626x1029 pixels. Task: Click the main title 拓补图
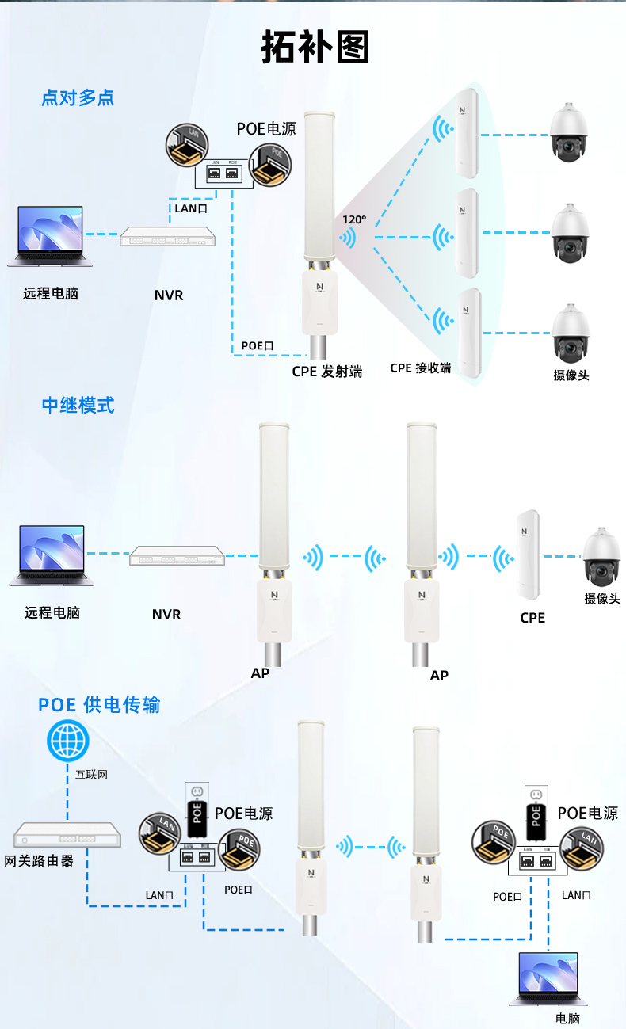(x=315, y=48)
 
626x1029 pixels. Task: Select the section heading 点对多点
(x=78, y=97)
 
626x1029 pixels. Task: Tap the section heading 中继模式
(x=78, y=405)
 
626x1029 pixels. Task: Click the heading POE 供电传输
(x=99, y=704)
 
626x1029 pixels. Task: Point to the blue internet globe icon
(x=67, y=741)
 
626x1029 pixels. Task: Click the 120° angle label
(x=354, y=219)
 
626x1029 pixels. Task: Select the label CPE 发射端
(x=327, y=371)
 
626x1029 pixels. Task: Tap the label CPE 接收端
(x=420, y=368)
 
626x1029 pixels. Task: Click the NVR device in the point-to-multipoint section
(x=167, y=237)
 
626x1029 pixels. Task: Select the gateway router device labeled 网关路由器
(x=67, y=835)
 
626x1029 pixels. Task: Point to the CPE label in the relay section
(x=532, y=617)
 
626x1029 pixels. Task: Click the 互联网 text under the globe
(x=91, y=774)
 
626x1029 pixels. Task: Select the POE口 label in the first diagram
(x=258, y=345)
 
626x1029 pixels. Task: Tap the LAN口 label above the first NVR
(x=190, y=208)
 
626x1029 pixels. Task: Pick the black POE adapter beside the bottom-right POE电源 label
(x=536, y=813)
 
